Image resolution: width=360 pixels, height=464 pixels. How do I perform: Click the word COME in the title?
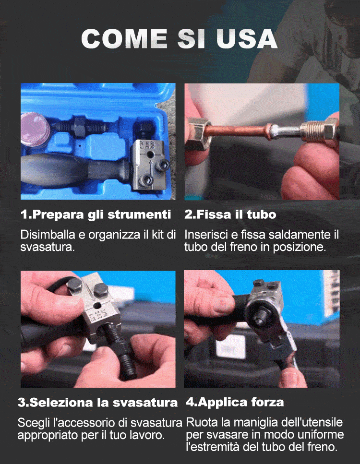click(x=124, y=38)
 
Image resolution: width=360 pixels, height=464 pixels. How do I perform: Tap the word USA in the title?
click(x=247, y=38)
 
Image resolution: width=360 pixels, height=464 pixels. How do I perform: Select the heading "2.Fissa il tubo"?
click(x=230, y=214)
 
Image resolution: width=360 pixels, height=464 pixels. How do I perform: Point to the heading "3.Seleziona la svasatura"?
click(x=98, y=403)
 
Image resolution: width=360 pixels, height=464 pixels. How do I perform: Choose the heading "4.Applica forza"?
click(x=235, y=403)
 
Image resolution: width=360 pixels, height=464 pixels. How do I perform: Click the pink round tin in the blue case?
click(x=35, y=129)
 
